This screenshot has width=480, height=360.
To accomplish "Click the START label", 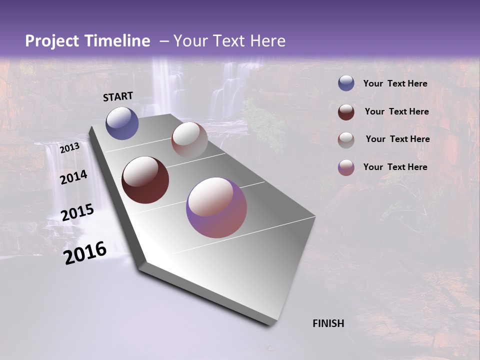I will [x=118, y=96].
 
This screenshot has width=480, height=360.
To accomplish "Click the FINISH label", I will [x=328, y=323].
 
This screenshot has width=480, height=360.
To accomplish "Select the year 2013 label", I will [x=69, y=148].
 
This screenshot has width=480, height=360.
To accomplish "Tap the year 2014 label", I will [x=73, y=177].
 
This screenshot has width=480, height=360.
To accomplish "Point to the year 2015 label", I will [x=77, y=212].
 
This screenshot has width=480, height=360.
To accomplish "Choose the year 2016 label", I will [x=85, y=253].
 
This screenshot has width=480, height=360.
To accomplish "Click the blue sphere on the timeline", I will [x=122, y=123].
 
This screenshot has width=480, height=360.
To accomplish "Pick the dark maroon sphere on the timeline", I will [x=145, y=180].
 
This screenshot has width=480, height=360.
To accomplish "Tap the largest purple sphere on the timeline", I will [x=216, y=207].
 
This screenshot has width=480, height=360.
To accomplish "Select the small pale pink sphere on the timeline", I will [x=189, y=140].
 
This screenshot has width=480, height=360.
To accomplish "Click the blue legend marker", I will [x=346, y=83].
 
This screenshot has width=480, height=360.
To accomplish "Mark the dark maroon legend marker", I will [x=346, y=112].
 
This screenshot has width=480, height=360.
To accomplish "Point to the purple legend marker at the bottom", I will [x=346, y=167].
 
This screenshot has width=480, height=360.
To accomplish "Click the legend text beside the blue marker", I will [x=395, y=83].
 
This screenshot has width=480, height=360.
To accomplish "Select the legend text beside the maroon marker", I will [x=396, y=111].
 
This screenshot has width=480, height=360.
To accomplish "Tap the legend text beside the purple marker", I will [x=395, y=167].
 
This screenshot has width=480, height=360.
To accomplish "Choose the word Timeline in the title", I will [x=117, y=41].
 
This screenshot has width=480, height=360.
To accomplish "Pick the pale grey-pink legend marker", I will [x=346, y=140].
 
